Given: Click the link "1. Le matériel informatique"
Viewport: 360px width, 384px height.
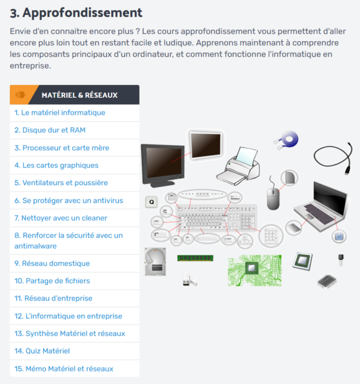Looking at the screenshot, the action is (60, 113).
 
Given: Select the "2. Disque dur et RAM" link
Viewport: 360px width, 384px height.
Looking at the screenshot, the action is (50, 130).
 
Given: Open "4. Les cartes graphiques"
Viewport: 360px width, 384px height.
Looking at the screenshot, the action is (57, 165).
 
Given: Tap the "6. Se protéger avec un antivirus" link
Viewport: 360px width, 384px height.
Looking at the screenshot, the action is (69, 201).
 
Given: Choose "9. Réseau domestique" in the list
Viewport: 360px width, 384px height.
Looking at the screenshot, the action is (52, 263).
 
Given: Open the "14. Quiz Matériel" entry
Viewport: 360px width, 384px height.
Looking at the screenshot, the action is (42, 351).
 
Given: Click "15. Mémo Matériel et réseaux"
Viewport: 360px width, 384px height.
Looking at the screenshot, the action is (64, 369).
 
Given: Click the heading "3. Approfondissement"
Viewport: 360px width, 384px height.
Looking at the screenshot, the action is (76, 13).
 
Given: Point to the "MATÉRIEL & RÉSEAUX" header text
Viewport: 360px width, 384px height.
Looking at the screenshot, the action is (79, 95).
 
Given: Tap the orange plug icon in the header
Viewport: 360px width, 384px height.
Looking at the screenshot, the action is (21, 94).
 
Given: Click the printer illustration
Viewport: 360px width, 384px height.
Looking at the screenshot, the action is (238, 166).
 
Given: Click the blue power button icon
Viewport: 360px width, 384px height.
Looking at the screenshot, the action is (339, 237).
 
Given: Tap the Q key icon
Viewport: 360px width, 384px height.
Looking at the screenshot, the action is (151, 202).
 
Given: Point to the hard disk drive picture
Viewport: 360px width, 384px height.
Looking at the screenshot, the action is (155, 262).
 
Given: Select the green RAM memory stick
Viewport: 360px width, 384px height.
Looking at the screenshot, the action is (195, 258).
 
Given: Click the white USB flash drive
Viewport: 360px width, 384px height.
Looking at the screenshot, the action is (190, 280).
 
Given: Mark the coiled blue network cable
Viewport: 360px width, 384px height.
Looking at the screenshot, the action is (286, 140).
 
